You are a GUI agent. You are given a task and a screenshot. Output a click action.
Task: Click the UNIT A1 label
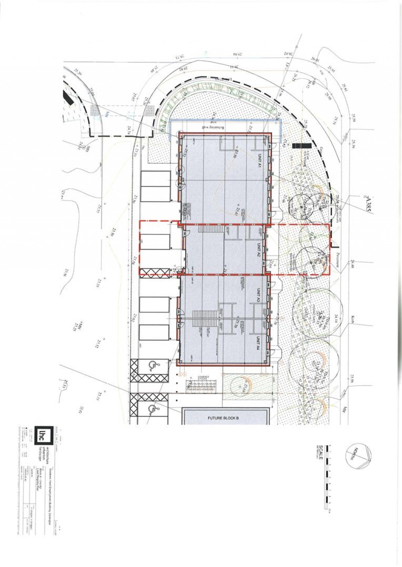pos(259,161)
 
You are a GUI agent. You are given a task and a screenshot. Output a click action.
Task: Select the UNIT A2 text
pos(259,249)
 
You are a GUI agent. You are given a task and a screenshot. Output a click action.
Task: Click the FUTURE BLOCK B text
pos(223,418)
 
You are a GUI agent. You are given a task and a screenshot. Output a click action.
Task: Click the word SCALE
pos(321,453)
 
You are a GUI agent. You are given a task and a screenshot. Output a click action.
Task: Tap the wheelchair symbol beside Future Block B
pos(152,409)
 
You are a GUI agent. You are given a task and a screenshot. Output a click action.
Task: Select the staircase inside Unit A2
pos(205,228)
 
